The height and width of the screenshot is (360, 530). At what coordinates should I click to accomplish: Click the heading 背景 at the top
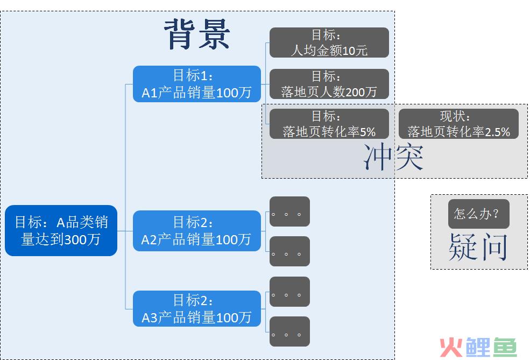[x=197, y=34]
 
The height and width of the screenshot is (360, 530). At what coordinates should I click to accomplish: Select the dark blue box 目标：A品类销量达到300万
[x=61, y=230]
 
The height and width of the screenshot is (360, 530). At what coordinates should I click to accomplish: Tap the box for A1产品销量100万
[x=197, y=84]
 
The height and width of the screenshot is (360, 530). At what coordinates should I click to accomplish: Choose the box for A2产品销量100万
[x=197, y=231]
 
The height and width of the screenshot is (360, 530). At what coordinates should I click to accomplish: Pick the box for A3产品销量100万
[x=197, y=309]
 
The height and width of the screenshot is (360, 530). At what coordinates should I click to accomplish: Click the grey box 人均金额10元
[x=329, y=43]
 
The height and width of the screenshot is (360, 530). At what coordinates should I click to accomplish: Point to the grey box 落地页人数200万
[x=329, y=84]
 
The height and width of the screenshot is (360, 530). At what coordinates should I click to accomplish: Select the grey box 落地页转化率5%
[x=329, y=124]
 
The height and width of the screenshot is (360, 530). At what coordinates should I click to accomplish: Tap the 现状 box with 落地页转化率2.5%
[x=458, y=124]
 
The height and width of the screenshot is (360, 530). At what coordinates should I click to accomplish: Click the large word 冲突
[x=393, y=157]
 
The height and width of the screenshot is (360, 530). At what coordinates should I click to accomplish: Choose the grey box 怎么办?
[x=479, y=214]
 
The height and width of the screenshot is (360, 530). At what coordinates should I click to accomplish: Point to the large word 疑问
[x=478, y=247]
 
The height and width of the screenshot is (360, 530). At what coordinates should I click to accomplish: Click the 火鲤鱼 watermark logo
[x=478, y=347]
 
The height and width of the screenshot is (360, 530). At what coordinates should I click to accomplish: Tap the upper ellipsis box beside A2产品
[x=289, y=211]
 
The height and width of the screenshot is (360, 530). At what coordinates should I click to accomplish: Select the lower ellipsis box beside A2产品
[x=289, y=251]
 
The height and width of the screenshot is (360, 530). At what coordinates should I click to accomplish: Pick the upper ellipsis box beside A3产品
[x=289, y=292]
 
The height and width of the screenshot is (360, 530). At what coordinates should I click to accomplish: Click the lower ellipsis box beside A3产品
[x=289, y=331]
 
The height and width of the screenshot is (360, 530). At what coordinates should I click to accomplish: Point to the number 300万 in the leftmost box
[x=82, y=239]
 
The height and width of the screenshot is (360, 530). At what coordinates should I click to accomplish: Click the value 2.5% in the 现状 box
[x=497, y=132]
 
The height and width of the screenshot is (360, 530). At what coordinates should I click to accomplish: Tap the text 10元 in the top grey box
[x=355, y=51]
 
